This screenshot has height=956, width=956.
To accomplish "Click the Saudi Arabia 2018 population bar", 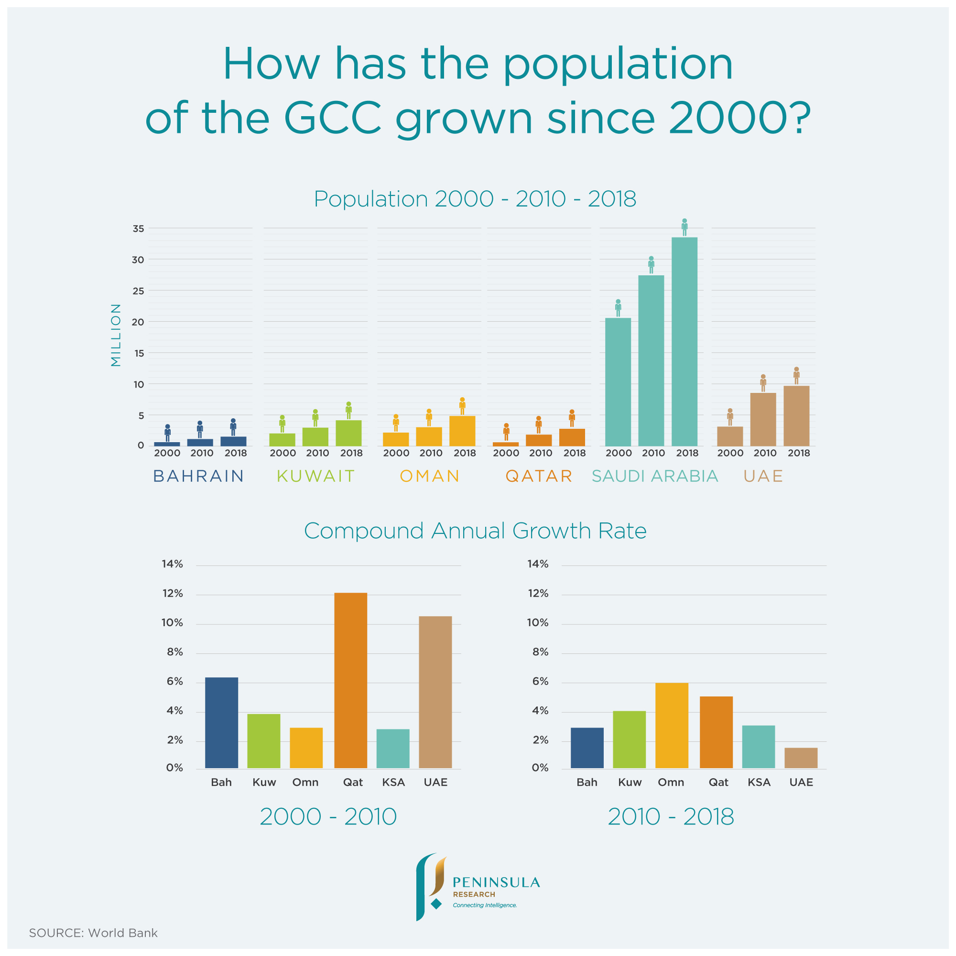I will (684, 341).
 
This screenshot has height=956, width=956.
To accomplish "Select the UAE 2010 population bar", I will (763, 419).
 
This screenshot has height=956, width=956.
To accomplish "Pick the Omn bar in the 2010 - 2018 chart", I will (672, 725).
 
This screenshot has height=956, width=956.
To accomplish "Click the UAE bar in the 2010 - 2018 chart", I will (801, 758).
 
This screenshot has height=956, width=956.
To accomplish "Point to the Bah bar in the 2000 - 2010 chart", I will (221, 722).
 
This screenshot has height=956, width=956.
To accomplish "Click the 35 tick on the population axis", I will (138, 228).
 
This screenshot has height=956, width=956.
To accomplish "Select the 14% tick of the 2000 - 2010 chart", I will (172, 564).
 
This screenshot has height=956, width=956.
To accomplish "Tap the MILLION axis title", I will (116, 335).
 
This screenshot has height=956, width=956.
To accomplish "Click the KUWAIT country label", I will (315, 476).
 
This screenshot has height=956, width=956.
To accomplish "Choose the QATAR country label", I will (539, 476).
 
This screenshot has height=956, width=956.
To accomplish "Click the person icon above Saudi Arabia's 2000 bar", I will (618, 308).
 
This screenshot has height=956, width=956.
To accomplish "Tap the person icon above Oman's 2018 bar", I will (462, 406).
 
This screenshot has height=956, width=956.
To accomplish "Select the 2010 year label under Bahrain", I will (201, 453).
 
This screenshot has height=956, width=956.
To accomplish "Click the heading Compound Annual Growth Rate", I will (475, 531).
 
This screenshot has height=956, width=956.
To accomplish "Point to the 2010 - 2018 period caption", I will (671, 816).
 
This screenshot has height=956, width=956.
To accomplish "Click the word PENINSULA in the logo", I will (496, 883).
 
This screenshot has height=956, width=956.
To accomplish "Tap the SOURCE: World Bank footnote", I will (93, 933).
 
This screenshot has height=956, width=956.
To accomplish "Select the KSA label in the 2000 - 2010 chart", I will (393, 782).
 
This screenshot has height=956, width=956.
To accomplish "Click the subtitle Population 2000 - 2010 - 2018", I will (475, 199).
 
